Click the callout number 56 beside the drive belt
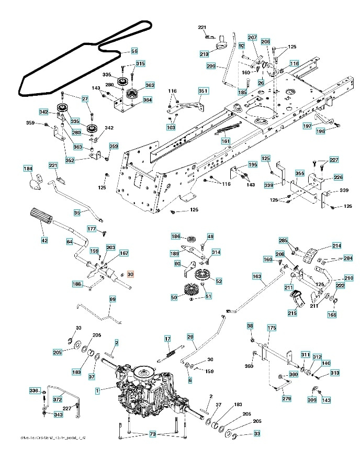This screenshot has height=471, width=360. pos(134,51)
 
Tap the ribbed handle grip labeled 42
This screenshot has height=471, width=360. pos(41,215)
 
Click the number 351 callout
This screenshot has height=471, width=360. pos(203,91)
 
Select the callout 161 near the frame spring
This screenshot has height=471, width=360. pos(226,141)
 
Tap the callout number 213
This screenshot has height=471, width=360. pos(204,53)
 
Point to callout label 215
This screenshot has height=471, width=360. pos(291,313)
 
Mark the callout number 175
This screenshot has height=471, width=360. pos(271,328)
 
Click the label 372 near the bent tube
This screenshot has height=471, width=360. pos(58,400)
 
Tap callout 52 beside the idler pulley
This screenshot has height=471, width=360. pos(219,281)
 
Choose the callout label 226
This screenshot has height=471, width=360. pos(324,177)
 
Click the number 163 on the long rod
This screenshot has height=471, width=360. pos(256,276)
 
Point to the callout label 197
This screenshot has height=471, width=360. pos(307,126)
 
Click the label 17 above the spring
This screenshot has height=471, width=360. pos(167,339)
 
